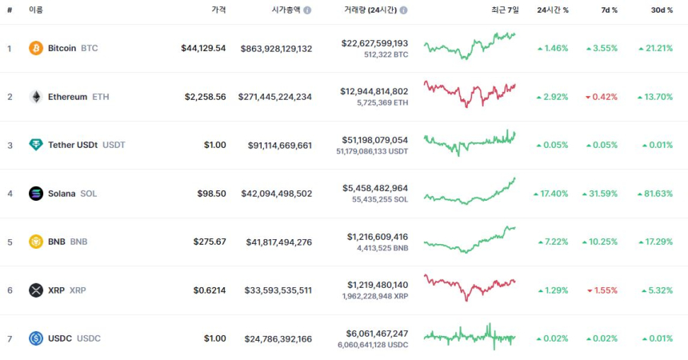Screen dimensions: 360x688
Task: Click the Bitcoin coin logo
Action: (x=36, y=48)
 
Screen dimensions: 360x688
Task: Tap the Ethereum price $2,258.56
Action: (x=206, y=97)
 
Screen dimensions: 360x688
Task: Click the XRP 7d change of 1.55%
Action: (x=602, y=290)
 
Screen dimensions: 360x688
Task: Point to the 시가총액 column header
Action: (x=286, y=10)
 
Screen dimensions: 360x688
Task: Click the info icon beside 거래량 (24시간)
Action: (x=403, y=10)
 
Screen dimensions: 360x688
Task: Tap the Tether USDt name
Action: (x=72, y=145)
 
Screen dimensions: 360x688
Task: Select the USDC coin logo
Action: (x=36, y=338)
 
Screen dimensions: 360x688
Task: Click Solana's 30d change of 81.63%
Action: (x=655, y=194)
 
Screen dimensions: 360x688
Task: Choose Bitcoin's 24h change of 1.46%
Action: (x=552, y=48)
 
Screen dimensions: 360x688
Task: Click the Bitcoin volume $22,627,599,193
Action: (x=374, y=43)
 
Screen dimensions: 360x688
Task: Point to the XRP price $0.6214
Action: (x=210, y=290)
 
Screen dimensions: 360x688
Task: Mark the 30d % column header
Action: (x=662, y=10)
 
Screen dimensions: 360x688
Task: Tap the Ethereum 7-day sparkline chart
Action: (x=470, y=94)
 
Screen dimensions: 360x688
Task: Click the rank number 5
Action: (x=10, y=242)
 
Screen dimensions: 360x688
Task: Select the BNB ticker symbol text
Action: (x=79, y=242)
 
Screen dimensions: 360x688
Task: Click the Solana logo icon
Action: (x=36, y=194)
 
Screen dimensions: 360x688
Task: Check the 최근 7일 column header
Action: (x=505, y=10)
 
